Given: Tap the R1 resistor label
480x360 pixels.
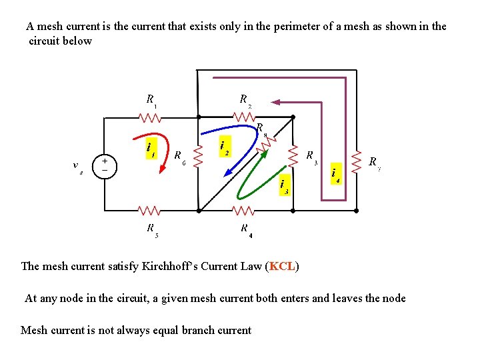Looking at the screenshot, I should pyautogui.click(x=151, y=100).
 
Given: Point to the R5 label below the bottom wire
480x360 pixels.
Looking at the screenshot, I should pyautogui.click(x=152, y=229).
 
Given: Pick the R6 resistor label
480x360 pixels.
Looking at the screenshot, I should pyautogui.click(x=179, y=157).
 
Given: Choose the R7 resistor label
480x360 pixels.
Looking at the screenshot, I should pyautogui.click(x=375, y=162).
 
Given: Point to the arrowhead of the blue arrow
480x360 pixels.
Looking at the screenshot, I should pyautogui.click(x=227, y=173).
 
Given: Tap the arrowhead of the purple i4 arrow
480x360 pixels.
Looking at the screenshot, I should pyautogui.click(x=275, y=102).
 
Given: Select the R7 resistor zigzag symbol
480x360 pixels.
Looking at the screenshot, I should pyautogui.click(x=356, y=164).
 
